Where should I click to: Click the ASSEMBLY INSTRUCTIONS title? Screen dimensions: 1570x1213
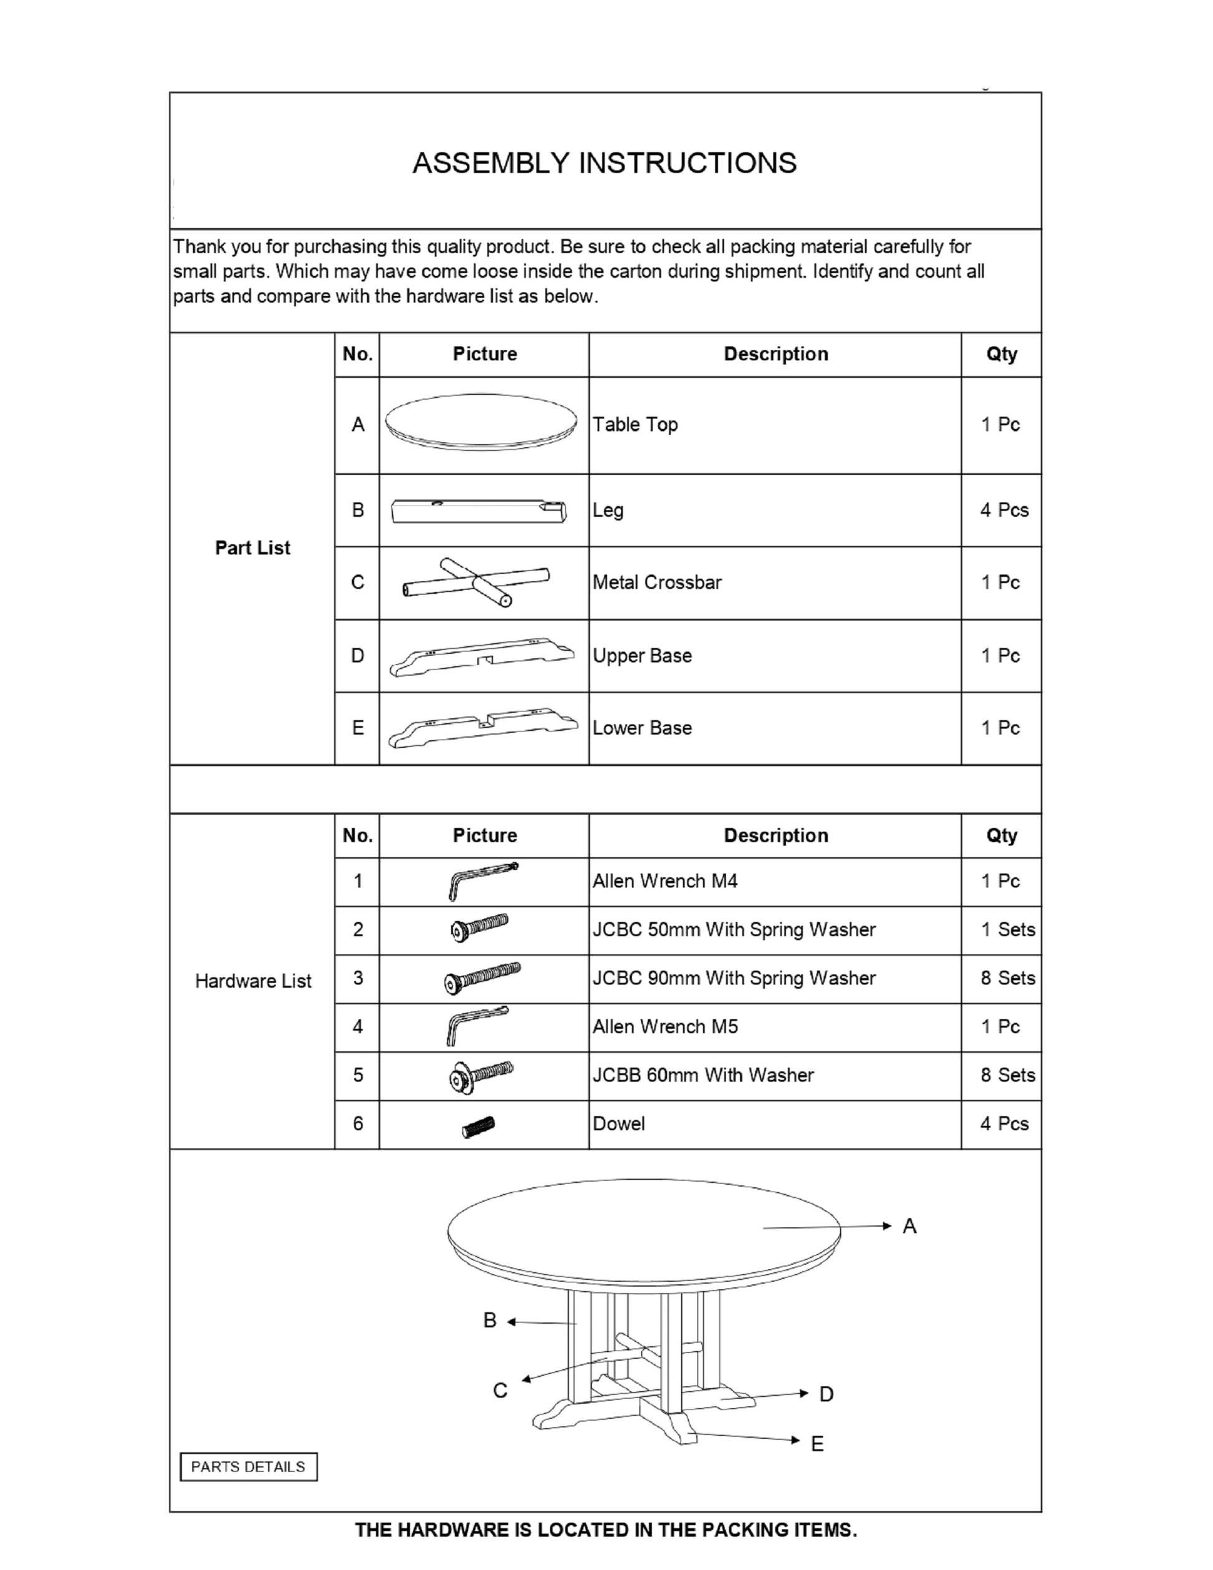pyautogui.click(x=605, y=163)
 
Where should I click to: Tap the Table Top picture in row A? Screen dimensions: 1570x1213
pyautogui.click(x=481, y=422)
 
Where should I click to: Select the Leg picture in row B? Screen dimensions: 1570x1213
pyautogui.click(x=479, y=511)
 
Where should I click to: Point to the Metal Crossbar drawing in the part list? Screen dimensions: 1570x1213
pyautogui.click(x=476, y=582)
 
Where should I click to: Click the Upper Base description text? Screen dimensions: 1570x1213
pyautogui.click(x=641, y=655)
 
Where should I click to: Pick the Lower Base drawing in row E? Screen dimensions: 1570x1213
pyautogui.click(x=482, y=728)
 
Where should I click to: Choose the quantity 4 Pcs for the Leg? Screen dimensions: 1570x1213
pyautogui.click(x=1004, y=511)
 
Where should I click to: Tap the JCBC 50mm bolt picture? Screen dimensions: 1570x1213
pyautogui.click(x=479, y=928)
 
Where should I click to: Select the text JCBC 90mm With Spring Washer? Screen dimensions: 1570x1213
pyautogui.click(x=734, y=978)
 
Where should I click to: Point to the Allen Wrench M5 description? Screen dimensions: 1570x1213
pyautogui.click(x=664, y=1026)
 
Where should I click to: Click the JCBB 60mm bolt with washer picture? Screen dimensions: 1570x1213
pyautogui.click(x=480, y=1076)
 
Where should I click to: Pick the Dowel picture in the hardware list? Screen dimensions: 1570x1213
pyautogui.click(x=479, y=1125)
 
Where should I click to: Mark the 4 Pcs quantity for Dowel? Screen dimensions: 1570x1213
pyautogui.click(x=1004, y=1124)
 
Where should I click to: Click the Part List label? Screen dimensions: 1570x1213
pyautogui.click(x=252, y=548)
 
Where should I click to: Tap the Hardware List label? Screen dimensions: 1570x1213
pyautogui.click(x=253, y=981)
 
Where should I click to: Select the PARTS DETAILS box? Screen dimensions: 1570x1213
pyautogui.click(x=248, y=1466)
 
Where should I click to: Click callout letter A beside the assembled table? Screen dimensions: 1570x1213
pyautogui.click(x=909, y=1226)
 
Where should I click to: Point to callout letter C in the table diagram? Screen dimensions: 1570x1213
pyautogui.click(x=500, y=1391)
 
